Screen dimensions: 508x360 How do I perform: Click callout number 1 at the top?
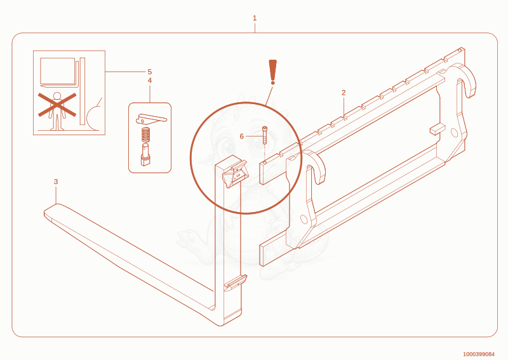(255, 18)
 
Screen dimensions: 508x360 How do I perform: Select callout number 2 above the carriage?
(344, 93)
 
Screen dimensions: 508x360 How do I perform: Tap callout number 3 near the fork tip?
(56, 182)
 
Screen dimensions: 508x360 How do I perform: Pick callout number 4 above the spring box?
(150, 81)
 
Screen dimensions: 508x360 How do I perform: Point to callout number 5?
(150, 72)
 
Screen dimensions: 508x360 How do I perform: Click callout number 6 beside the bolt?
(242, 137)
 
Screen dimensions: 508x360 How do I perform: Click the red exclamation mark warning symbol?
(273, 72)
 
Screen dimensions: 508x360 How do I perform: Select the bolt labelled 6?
(265, 135)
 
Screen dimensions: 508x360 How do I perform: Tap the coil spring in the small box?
(147, 135)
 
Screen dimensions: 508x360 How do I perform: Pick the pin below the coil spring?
(145, 155)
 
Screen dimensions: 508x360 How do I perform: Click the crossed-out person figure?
(57, 111)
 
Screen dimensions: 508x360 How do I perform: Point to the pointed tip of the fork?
(44, 212)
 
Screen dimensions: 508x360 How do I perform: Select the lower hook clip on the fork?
(236, 283)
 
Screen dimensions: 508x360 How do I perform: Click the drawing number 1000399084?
(479, 354)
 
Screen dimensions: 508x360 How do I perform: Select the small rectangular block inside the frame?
(438, 129)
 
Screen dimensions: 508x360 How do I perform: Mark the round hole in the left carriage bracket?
(304, 219)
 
